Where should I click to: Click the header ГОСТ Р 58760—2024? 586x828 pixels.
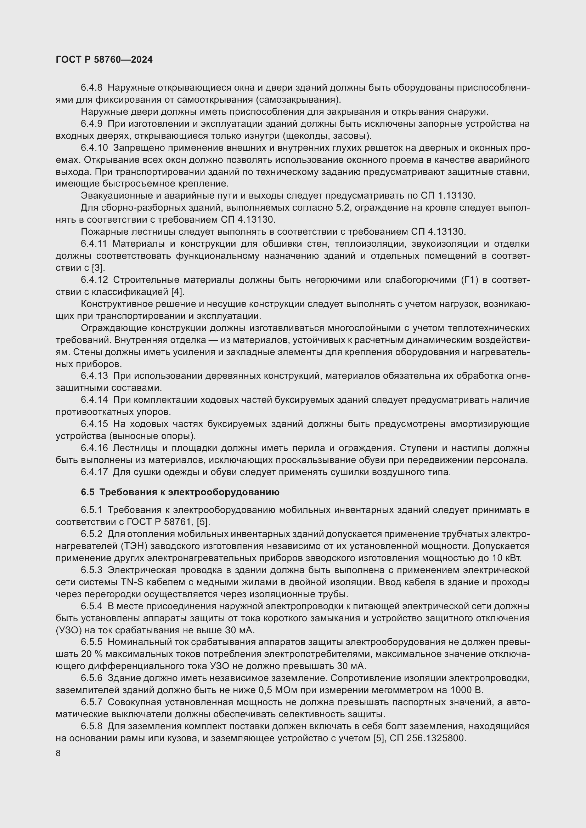tap(104, 59)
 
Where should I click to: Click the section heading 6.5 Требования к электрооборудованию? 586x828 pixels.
tap(180, 492)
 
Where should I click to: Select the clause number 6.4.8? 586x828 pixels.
tap(92, 88)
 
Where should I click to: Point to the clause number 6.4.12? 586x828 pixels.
tap(94, 280)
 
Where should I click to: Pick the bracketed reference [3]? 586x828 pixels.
tap(98, 268)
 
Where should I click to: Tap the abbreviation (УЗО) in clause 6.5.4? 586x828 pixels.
tap(67, 630)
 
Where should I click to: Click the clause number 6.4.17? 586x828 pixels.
tap(94, 472)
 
